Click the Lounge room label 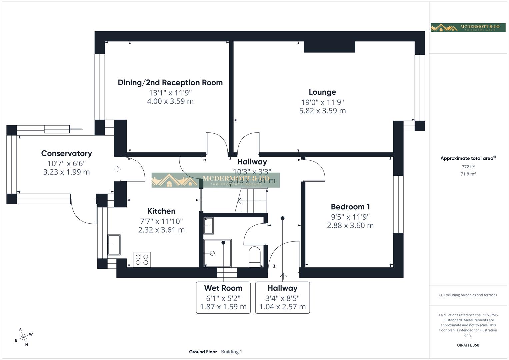(x=322, y=92)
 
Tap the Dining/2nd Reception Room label (x=170, y=83)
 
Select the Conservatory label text (x=66, y=153)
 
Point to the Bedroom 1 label (x=350, y=207)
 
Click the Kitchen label (x=161, y=211)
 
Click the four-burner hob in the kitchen (x=142, y=260)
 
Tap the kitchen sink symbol (x=114, y=245)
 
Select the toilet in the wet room (x=255, y=257)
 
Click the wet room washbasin (x=208, y=226)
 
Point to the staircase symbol (x=252, y=200)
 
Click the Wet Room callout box (x=223, y=297)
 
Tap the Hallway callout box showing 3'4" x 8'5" (x=282, y=297)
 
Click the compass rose (x=23, y=337)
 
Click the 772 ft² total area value (x=468, y=167)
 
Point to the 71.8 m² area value (x=468, y=174)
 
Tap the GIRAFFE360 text (x=468, y=345)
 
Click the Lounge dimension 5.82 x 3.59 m (x=322, y=111)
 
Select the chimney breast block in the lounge (x=329, y=47)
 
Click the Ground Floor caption (x=203, y=352)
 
